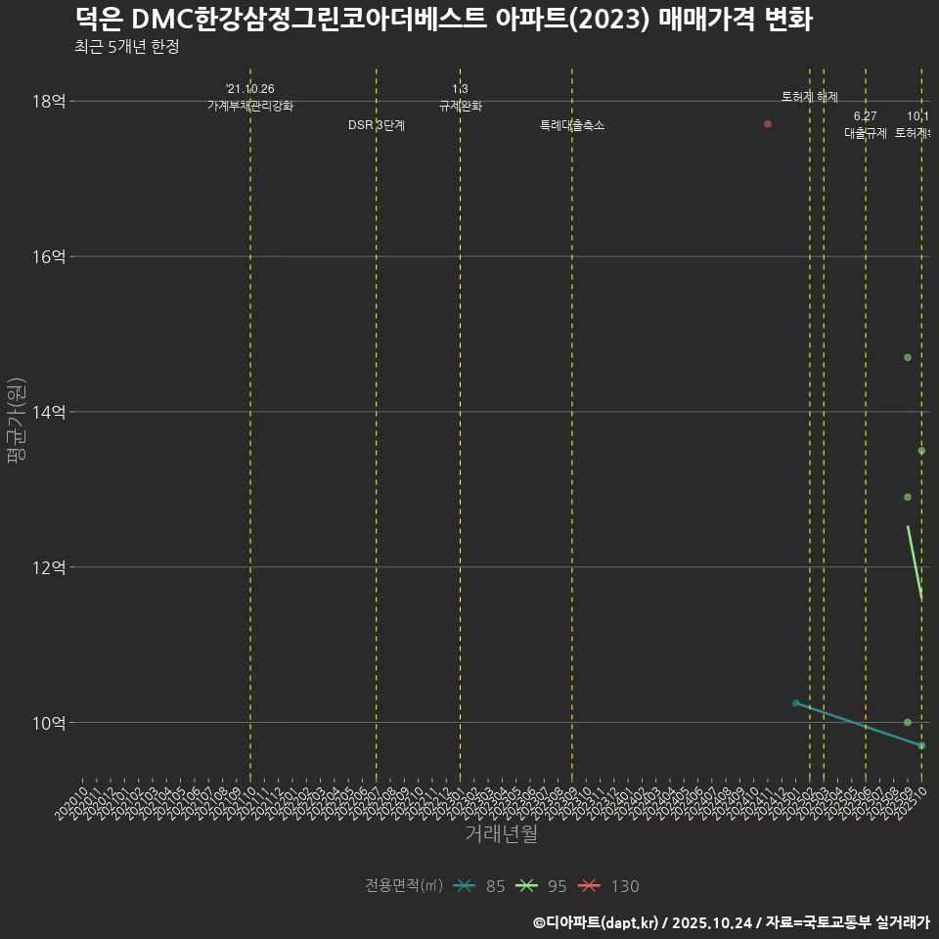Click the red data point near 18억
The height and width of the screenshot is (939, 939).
coord(768,124)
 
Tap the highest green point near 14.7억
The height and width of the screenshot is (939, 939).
coord(908,358)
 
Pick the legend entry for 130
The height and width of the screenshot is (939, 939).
coord(606,886)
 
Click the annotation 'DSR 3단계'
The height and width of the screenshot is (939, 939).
coord(377,125)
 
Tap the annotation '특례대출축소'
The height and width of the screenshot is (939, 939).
coord(572,125)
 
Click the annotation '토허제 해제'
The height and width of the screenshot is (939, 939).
coord(810,97)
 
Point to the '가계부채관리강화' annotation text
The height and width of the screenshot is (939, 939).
coord(250,106)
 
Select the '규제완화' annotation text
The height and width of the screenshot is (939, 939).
coord(460,106)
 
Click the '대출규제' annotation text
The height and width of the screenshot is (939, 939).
coord(866,133)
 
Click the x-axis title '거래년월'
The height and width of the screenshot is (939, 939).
coord(501,834)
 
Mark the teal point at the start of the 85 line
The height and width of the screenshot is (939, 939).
coord(796,702)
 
